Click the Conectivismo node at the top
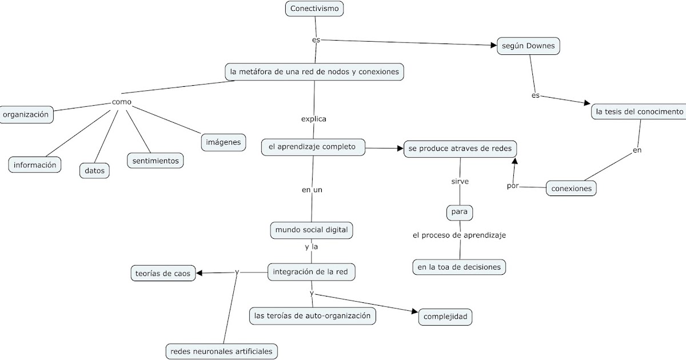pyautogui.click(x=314, y=9)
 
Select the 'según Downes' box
pyautogui.click(x=528, y=46)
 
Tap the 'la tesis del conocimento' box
pyautogui.click(x=639, y=112)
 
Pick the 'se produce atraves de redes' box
pyautogui.click(x=460, y=149)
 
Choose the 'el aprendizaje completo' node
pyautogui.click(x=312, y=147)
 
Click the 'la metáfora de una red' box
pyautogui.click(x=315, y=72)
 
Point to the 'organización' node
pyautogui.click(x=27, y=114)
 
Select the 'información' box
pyautogui.click(x=35, y=165)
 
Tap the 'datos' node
pyautogui.click(x=94, y=170)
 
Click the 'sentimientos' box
pyautogui.click(x=155, y=161)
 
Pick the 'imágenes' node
pyautogui.click(x=224, y=142)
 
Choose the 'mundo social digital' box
pyautogui.click(x=311, y=230)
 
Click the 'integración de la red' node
pyautogui.click(x=312, y=272)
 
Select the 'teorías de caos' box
pyautogui.click(x=162, y=273)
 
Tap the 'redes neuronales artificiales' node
pyautogui.click(x=222, y=351)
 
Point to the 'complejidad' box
pyautogui.click(x=445, y=317)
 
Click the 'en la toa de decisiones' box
pyautogui.click(x=459, y=267)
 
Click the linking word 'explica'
pyautogui.click(x=313, y=119)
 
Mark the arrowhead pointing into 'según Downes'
pyautogui.click(x=493, y=45)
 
